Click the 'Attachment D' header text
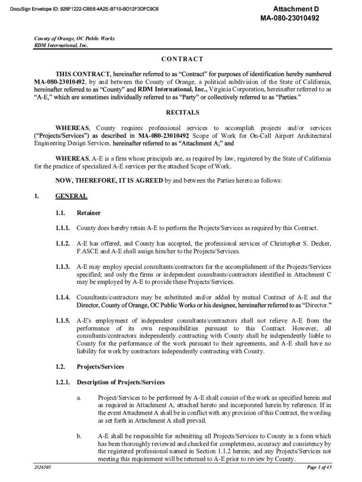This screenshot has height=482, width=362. coord(293,9)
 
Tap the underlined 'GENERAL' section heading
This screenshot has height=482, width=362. coord(71,196)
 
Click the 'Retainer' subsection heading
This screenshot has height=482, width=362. coord(88,213)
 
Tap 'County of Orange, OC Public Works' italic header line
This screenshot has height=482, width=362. coord(74,39)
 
